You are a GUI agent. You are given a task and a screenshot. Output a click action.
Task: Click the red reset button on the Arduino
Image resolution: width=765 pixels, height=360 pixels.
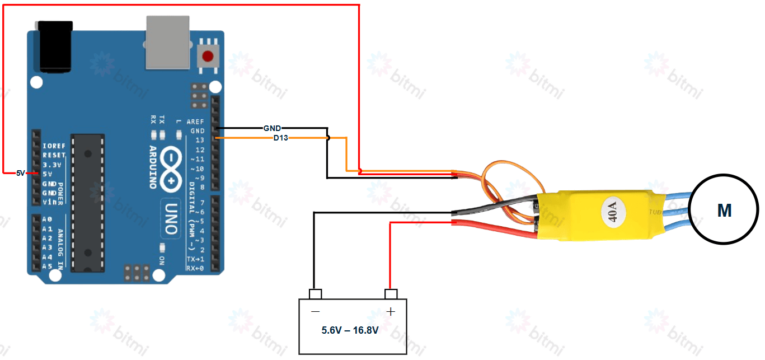point(209,56)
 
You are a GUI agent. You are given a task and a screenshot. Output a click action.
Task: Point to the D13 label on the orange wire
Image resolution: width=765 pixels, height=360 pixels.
point(280,138)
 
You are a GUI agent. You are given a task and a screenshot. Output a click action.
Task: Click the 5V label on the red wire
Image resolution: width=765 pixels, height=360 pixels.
point(21,174)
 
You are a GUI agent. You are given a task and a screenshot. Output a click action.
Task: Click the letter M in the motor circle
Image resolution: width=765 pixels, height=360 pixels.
point(724,211)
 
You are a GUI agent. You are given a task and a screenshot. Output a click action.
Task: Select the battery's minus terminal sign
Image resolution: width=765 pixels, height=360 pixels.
point(315,311)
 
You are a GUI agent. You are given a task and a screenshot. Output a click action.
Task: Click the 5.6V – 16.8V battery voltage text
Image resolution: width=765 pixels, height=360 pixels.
point(350,330)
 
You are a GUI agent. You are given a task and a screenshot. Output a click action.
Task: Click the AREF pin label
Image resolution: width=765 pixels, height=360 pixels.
point(195,121)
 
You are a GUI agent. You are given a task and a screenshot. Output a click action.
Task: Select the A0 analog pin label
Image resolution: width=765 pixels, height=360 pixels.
point(47,219)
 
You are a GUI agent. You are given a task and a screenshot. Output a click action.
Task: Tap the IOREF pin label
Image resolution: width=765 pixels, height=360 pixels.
point(54,146)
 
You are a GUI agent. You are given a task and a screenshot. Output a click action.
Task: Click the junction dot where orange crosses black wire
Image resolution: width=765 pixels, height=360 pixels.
point(328,138)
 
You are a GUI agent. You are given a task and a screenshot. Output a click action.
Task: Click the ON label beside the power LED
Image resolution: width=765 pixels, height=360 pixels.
point(162,260)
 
